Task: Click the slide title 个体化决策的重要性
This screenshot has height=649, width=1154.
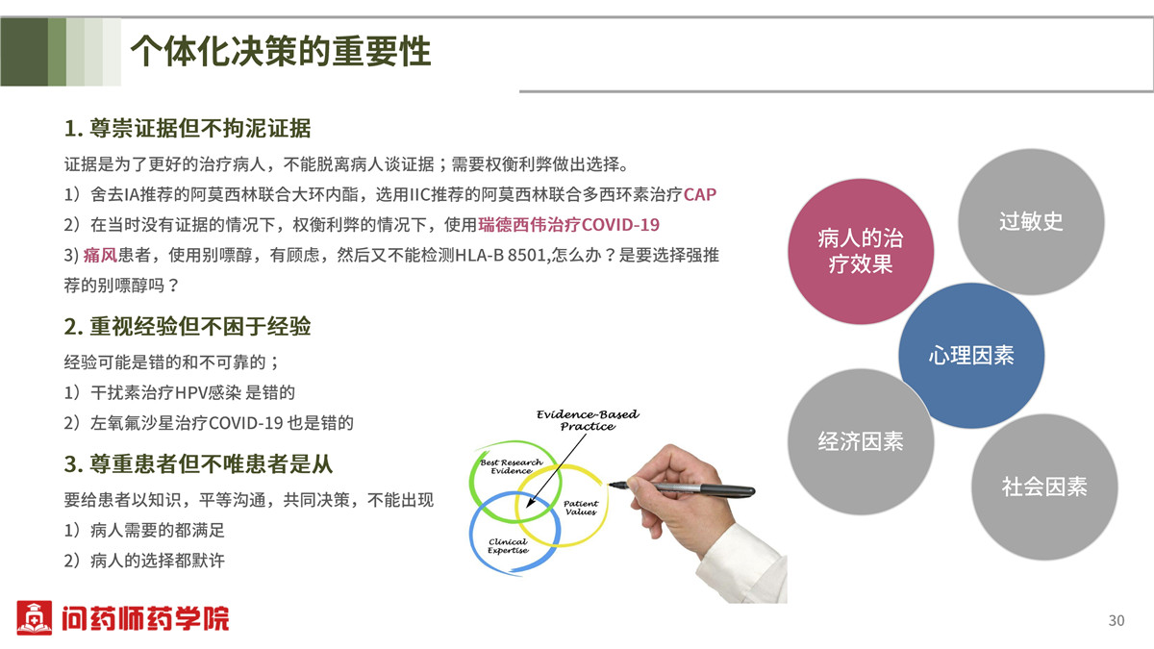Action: [281, 52]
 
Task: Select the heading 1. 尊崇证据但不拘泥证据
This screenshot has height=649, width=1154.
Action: [188, 128]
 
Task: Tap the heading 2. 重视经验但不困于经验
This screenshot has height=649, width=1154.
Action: [188, 326]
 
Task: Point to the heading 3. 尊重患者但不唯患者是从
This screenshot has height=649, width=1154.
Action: [198, 463]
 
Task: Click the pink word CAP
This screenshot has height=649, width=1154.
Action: [700, 194]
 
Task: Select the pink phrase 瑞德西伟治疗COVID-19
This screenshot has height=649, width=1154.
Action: [568, 225]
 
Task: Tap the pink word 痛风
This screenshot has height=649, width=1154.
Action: [100, 255]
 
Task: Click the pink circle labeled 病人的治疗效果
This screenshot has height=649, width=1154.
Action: [861, 251]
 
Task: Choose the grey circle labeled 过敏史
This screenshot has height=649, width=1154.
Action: [1031, 221]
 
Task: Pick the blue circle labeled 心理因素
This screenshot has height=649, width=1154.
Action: [971, 356]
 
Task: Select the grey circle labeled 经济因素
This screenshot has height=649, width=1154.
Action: [861, 441]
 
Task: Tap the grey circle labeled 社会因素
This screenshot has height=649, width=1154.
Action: [1044, 487]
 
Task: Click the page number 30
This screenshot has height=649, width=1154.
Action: [1116, 621]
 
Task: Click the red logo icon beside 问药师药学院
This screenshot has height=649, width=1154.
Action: [34, 617]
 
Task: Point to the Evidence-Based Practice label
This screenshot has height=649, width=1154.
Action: [588, 420]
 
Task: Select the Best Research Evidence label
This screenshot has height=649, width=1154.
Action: [511, 466]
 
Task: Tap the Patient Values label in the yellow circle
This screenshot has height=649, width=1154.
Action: [581, 508]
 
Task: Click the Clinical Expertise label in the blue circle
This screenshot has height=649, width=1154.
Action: [508, 546]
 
